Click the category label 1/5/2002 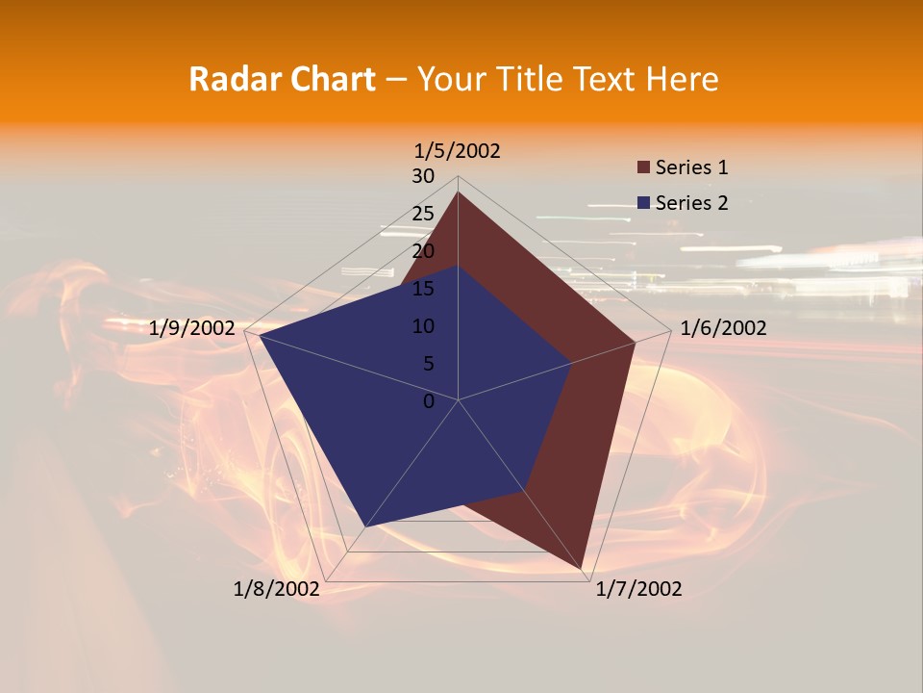tap(458, 151)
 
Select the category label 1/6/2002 tap(723, 328)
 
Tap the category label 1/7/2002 tap(638, 589)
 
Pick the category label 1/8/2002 tap(277, 589)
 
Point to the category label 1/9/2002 tap(192, 328)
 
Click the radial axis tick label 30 tap(423, 176)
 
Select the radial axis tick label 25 tap(423, 214)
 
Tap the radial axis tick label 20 tap(423, 251)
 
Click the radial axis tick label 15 tap(423, 289)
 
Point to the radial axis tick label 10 tap(423, 326)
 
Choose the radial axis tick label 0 tap(429, 401)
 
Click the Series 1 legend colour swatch tap(643, 167)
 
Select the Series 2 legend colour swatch tap(643, 203)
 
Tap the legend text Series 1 tap(691, 167)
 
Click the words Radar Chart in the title tap(282, 79)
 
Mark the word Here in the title tap(683, 79)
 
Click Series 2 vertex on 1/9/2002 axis tap(260, 336)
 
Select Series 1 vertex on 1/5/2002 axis tap(458, 192)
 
